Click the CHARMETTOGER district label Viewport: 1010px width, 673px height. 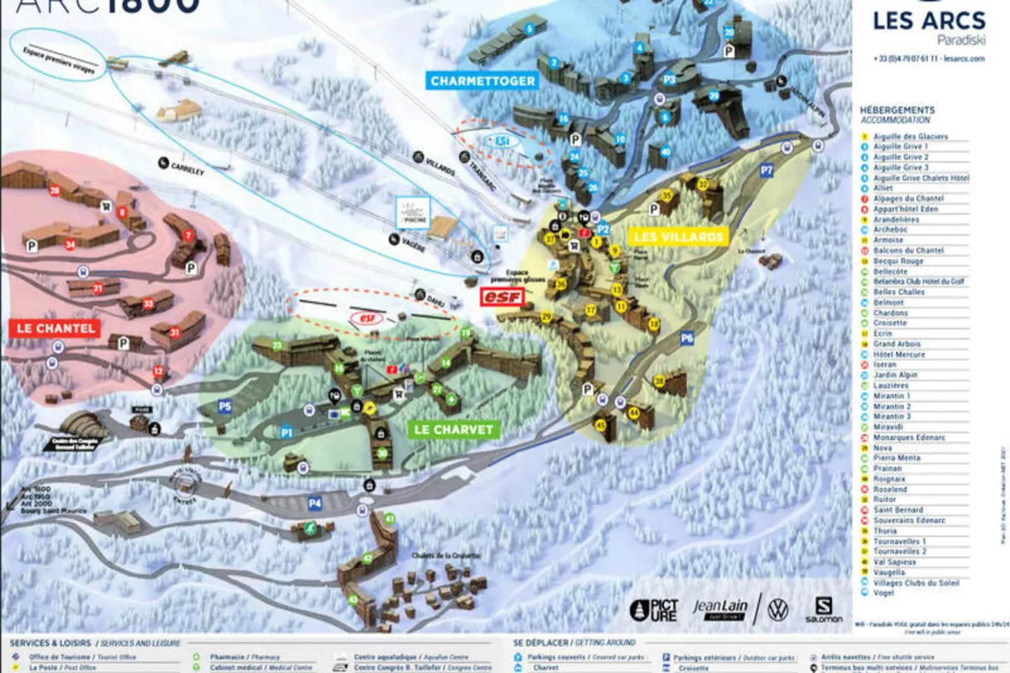tap(482, 81)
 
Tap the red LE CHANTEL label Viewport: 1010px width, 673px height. tap(55, 328)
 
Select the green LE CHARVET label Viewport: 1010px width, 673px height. tap(453, 430)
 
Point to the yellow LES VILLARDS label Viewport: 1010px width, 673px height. tap(679, 237)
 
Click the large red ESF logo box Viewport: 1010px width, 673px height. tap(502, 296)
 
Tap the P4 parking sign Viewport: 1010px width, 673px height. tap(314, 503)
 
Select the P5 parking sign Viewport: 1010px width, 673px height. tap(225, 406)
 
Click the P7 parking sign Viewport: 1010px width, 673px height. tap(766, 170)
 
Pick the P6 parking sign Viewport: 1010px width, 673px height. tap(687, 338)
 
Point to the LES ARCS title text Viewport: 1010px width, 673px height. tap(929, 21)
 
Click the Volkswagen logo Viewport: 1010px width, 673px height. tap(778, 609)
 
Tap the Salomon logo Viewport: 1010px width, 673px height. tap(823, 609)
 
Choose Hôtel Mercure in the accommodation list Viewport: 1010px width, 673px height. tap(899, 354)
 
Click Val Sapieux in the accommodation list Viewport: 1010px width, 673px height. tap(894, 562)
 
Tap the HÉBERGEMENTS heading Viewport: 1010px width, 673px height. tap(897, 110)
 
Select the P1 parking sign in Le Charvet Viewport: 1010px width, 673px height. tap(287, 432)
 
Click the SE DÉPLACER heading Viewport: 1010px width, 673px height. tap(540, 643)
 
